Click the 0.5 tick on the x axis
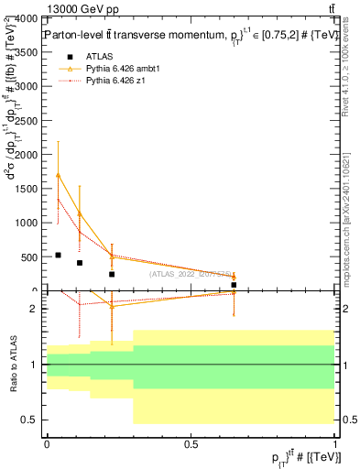191,442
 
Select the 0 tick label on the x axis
47,442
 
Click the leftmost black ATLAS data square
58,256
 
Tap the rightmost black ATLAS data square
234,285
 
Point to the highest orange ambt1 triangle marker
58,175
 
